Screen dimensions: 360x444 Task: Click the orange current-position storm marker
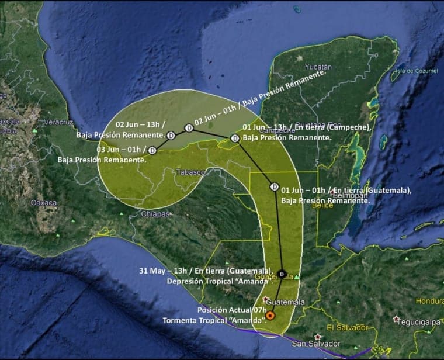point(270,316)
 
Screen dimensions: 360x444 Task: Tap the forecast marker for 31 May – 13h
point(282,274)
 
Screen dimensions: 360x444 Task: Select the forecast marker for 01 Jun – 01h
point(274,187)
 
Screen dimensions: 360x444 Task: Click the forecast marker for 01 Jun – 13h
point(235,139)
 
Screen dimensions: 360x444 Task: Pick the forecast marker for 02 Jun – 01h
point(189,128)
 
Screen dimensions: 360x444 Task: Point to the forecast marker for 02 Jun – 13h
point(171,136)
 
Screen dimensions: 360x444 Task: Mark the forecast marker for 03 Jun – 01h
point(152,150)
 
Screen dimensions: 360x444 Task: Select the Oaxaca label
point(44,203)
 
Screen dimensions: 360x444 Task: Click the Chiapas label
point(155,214)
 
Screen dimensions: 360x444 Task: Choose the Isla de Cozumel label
point(414,71)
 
